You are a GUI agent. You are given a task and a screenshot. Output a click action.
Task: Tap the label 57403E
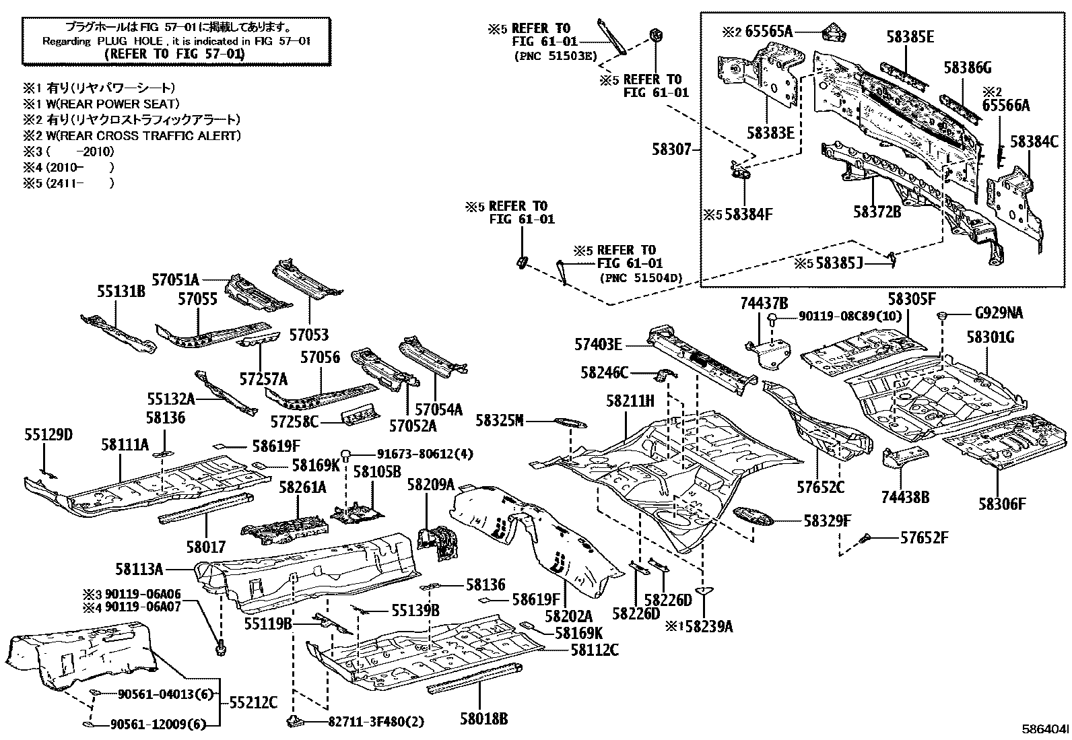[598, 345]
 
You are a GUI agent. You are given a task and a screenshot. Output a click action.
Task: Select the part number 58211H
[630, 401]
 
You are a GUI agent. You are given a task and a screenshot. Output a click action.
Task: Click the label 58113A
[139, 569]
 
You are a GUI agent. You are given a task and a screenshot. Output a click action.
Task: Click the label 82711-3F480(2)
[376, 722]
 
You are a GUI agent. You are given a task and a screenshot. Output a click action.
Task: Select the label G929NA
[999, 313]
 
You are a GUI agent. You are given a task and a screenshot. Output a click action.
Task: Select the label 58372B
[877, 212]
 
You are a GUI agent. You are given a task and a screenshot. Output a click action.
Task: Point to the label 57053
[310, 335]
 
